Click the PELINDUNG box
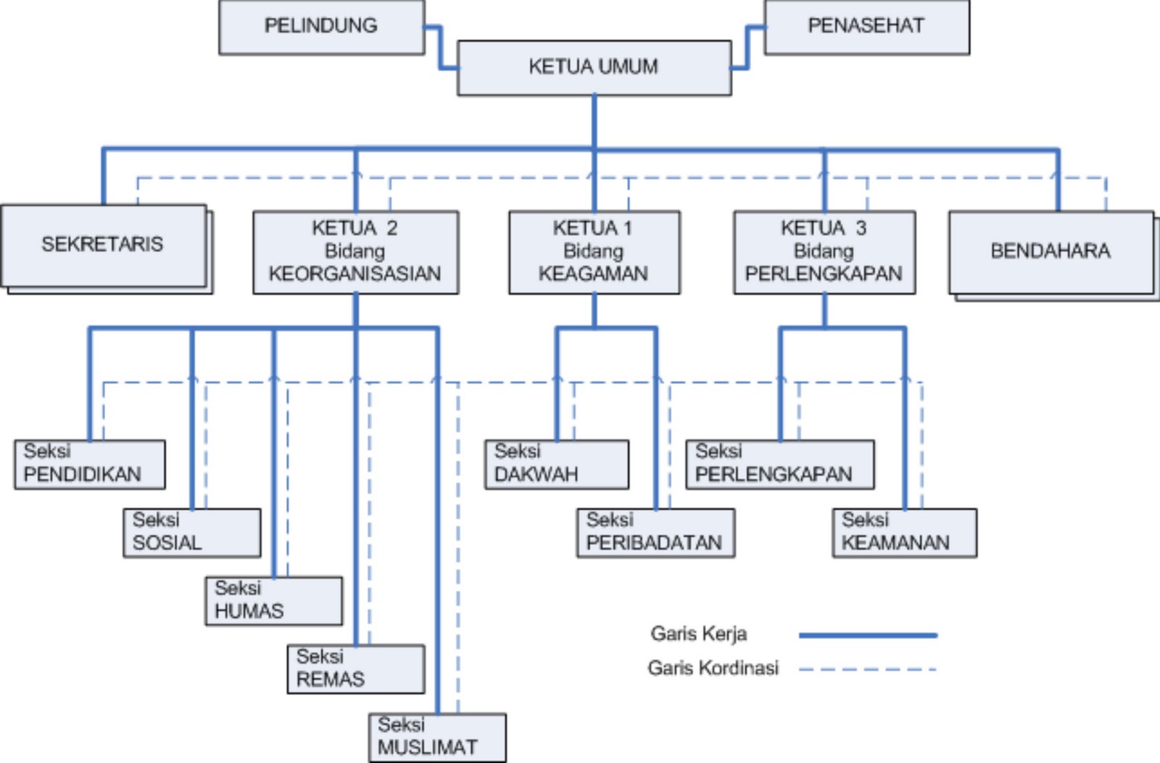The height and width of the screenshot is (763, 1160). [x=321, y=27]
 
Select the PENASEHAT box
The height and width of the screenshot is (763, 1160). [x=866, y=27]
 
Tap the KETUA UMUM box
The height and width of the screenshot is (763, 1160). [x=594, y=67]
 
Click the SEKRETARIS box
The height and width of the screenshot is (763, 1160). [x=103, y=245]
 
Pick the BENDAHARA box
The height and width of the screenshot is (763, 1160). [x=1051, y=251]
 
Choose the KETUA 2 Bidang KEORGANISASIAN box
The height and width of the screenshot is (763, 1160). [x=355, y=251]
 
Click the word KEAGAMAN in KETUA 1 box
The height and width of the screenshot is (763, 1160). [x=593, y=274]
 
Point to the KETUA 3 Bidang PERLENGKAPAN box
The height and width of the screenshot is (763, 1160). [x=824, y=251]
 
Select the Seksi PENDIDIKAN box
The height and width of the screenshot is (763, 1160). [x=89, y=464]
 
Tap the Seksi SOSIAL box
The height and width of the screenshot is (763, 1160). [x=191, y=533]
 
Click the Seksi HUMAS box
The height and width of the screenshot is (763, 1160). [x=273, y=601]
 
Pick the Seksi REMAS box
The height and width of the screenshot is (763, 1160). [x=355, y=669]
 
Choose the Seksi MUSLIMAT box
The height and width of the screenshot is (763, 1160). [x=436, y=737]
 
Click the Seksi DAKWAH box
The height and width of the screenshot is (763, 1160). [x=556, y=464]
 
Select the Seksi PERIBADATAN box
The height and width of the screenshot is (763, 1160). [x=655, y=533]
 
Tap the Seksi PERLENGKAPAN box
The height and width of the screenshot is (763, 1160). [x=779, y=464]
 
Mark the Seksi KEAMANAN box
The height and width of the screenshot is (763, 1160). [x=904, y=533]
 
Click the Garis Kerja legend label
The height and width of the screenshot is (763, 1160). [x=698, y=634]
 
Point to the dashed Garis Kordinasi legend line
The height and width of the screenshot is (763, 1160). [x=867, y=670]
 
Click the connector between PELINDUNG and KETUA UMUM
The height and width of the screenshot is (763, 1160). [x=440, y=48]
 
